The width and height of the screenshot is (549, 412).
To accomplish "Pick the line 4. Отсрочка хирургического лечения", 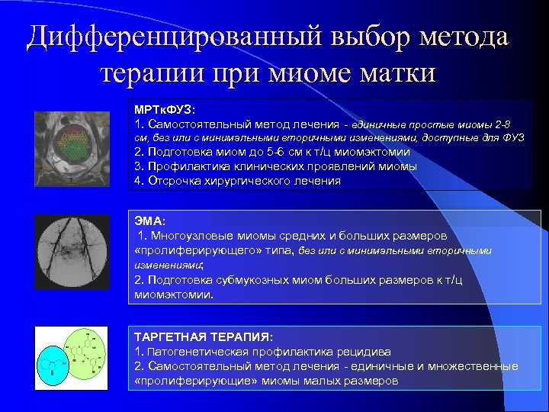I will pos(237,181).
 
